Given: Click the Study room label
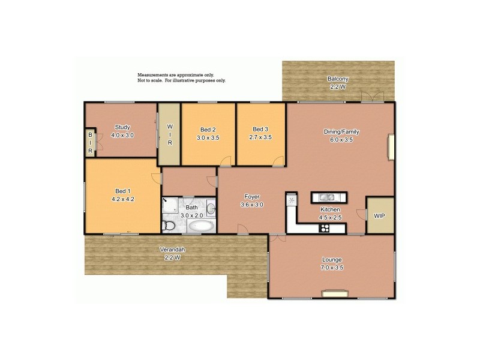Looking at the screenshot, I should click(x=122, y=127).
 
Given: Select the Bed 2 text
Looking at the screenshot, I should click(x=208, y=130).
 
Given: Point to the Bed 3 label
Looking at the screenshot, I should click(x=260, y=130).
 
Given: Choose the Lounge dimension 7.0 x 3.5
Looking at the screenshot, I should click(x=331, y=268).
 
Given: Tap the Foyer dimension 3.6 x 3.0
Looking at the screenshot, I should click(x=251, y=205).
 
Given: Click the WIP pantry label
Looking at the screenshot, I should click(x=379, y=215).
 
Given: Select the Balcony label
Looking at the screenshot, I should click(x=338, y=79).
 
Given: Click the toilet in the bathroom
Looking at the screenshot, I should click(x=169, y=226).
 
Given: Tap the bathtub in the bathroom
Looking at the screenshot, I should click(x=200, y=227).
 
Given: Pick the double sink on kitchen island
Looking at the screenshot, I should click(x=328, y=197).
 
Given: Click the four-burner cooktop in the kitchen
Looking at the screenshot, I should click(x=325, y=227).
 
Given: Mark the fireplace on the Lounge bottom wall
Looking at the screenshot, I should click(x=331, y=293).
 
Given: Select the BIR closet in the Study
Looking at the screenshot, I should click(x=91, y=143).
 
